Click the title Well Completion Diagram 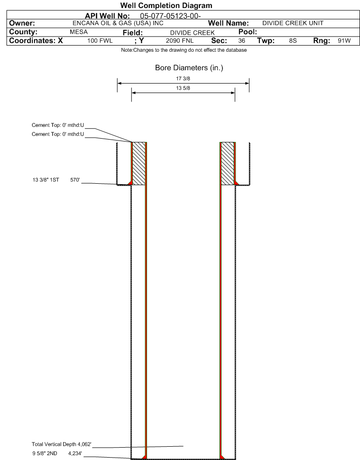pos(166,6)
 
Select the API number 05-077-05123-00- pos(170,16)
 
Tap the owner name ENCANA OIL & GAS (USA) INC pos(118,23)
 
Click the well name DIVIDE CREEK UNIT pos(293,23)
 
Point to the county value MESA pos(79,32)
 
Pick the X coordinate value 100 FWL pos(100,41)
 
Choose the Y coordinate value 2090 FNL pos(180,41)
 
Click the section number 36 pos(241,41)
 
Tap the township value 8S pos(293,41)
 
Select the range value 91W pos(344,41)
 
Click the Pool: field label pos(248,32)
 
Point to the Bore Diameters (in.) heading pos(189,68)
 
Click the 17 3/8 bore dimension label pos(183,79)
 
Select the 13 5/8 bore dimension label pos(183,88)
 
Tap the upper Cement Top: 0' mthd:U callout pos(58,125)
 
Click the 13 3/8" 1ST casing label pos(46,180)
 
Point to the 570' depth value pos(75,180)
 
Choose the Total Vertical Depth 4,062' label pos(62,444)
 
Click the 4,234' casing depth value pos(75,453)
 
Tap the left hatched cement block pos(139,163)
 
